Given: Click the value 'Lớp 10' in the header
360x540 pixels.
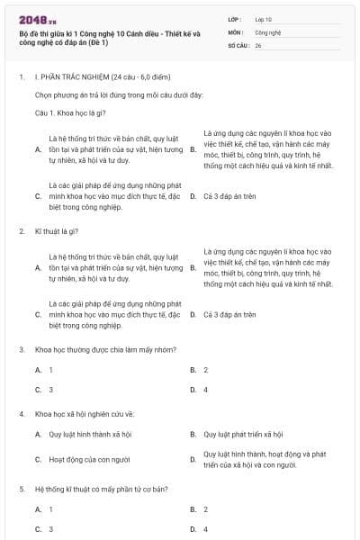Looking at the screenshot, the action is click(x=264, y=18).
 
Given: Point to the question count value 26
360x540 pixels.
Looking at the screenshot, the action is click(x=258, y=44).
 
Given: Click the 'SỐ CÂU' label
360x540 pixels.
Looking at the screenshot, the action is click(x=238, y=44).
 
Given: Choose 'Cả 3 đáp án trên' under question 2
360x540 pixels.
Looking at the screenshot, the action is click(x=229, y=315).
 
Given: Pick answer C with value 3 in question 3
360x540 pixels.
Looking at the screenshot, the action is click(x=50, y=390).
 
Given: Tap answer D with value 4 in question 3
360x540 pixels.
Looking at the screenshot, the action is click(x=205, y=390).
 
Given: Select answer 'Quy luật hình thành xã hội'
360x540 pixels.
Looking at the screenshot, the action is click(x=89, y=435).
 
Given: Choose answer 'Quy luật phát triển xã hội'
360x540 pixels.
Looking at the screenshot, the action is click(x=243, y=435).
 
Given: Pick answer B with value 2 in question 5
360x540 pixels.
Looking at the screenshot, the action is click(x=205, y=509).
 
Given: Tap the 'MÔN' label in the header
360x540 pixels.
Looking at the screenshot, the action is click(x=235, y=31).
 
